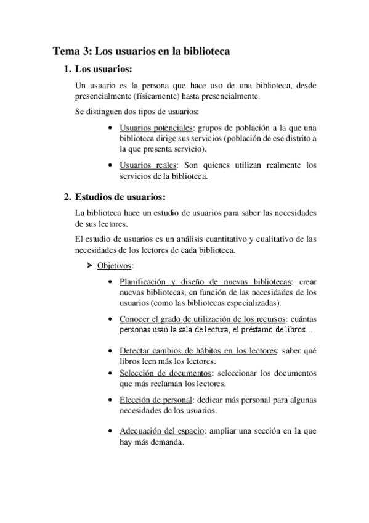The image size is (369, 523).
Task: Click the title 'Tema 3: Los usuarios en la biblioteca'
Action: [x=141, y=52]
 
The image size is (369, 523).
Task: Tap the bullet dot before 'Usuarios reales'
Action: [x=109, y=165]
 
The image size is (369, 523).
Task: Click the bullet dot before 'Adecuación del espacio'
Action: [x=109, y=431]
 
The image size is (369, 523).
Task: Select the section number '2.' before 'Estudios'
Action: [x=68, y=197]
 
